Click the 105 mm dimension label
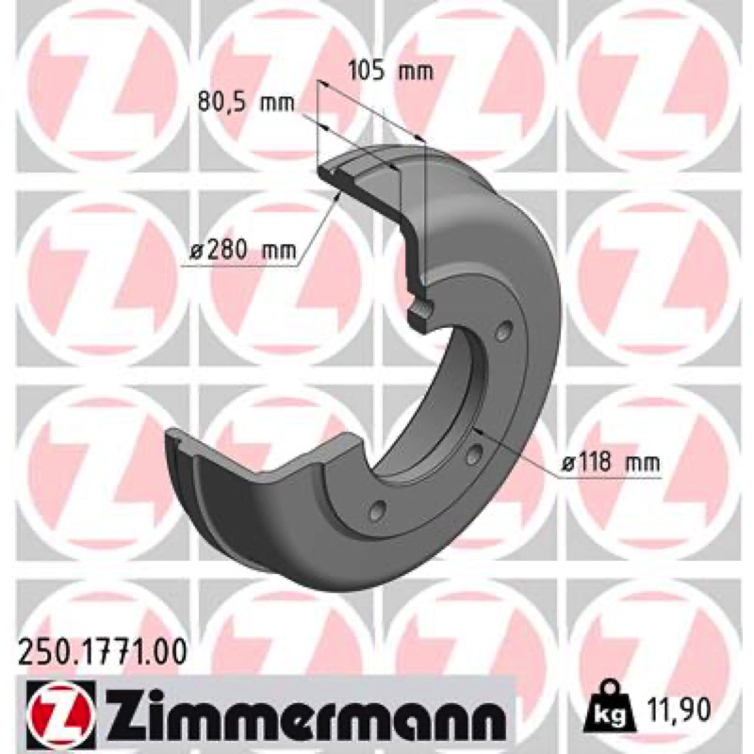(390, 70)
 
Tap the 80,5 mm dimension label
(246, 103)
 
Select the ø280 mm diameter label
(243, 250)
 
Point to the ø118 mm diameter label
(611, 463)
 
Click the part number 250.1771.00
(102, 653)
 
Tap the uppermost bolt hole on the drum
(503, 332)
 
